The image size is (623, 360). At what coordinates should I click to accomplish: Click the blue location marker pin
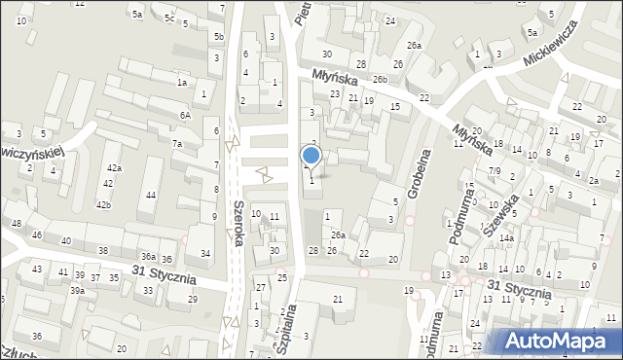pyautogui.click(x=311, y=156)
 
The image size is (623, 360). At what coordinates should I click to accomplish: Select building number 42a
pyautogui.click(x=115, y=168)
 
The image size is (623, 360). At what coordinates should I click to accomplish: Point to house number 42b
pyautogui.click(x=103, y=204)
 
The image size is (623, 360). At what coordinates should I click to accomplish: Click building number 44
pyautogui.click(x=150, y=196)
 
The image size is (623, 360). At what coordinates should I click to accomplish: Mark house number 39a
pyautogui.click(x=77, y=290)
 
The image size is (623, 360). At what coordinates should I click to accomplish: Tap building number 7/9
pyautogui.click(x=495, y=171)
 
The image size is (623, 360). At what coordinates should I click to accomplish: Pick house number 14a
pyautogui.click(x=506, y=238)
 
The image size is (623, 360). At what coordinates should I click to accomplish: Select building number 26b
pyautogui.click(x=379, y=80)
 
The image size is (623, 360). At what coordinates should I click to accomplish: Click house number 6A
pyautogui.click(x=185, y=115)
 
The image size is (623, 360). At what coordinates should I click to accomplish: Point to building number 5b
pyautogui.click(x=219, y=37)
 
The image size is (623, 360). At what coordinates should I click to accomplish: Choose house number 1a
pyautogui.click(x=181, y=83)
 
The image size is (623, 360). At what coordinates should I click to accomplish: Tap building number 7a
pyautogui.click(x=177, y=144)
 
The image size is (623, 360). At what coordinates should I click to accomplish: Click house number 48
pyautogui.click(x=17, y=224)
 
